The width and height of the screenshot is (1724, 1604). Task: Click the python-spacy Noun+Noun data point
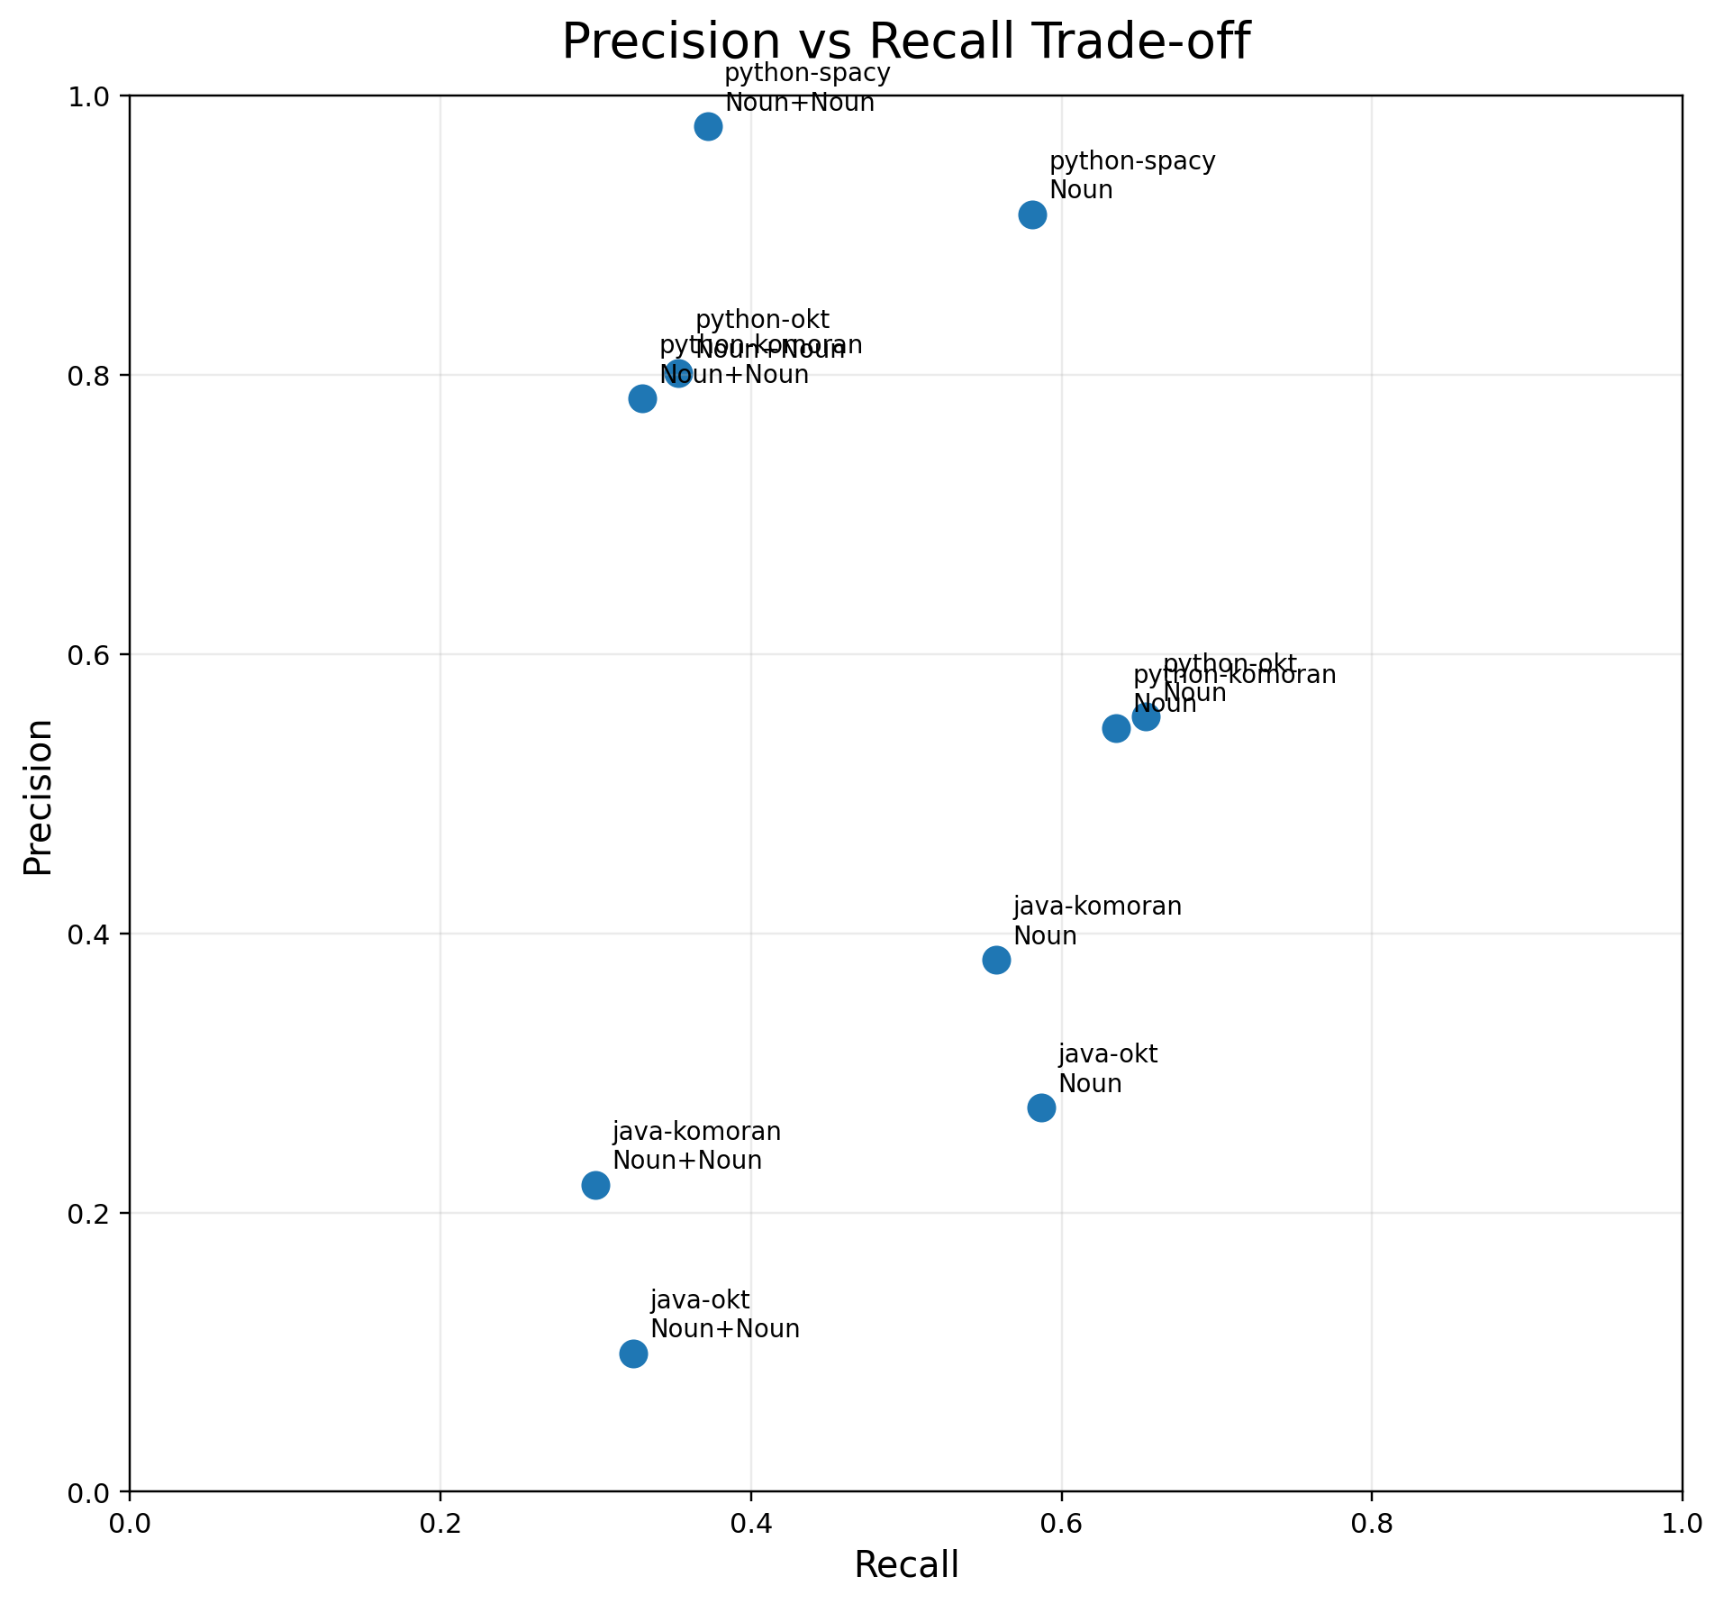pos(708,126)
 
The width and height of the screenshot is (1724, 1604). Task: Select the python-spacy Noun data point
pos(1032,214)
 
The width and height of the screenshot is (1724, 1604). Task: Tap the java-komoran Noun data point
pos(996,960)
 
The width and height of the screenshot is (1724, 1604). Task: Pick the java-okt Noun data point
pos(1041,1107)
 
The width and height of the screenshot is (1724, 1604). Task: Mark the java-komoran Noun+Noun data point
pos(595,1185)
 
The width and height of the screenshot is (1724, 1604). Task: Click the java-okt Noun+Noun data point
pos(633,1353)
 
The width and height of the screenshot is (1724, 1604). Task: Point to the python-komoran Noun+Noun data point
pos(642,398)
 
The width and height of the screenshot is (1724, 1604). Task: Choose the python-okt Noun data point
pos(1146,717)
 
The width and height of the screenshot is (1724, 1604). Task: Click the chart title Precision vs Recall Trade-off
pos(905,42)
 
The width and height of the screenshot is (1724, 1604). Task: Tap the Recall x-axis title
pos(906,1565)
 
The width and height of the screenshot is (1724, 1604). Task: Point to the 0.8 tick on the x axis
pos(1371,1521)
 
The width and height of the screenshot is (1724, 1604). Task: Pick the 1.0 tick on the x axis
pos(1681,1521)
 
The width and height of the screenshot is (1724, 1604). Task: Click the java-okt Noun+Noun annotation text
pos(724,1315)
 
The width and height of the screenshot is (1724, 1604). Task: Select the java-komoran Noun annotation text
pos(1096,921)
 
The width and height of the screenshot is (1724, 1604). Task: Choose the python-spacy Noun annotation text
pos(1132,176)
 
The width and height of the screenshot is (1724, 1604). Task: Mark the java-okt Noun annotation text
pos(1107,1068)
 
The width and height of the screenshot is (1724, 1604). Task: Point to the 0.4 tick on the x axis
pos(750,1521)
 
